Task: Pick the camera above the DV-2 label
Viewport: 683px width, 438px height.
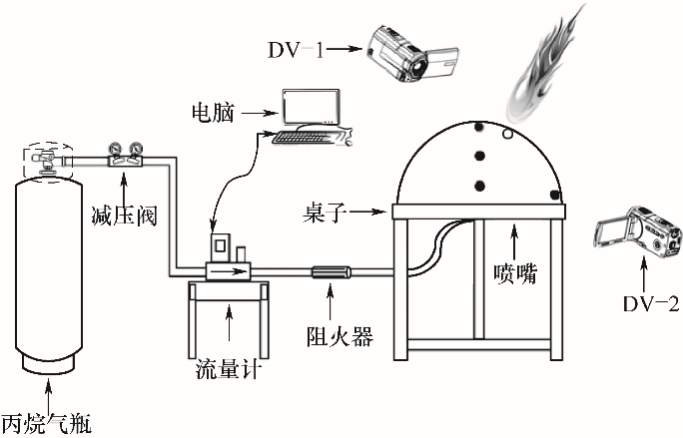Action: click(x=639, y=237)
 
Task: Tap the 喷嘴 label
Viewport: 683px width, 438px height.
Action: click(x=515, y=272)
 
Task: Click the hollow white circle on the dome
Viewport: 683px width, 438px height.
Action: click(x=507, y=132)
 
